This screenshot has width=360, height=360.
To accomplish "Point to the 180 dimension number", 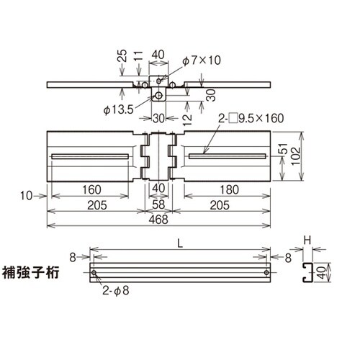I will point(228,190).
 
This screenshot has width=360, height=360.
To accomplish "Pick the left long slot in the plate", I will point(89,156).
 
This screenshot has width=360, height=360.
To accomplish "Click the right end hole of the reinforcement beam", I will point(266,274).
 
